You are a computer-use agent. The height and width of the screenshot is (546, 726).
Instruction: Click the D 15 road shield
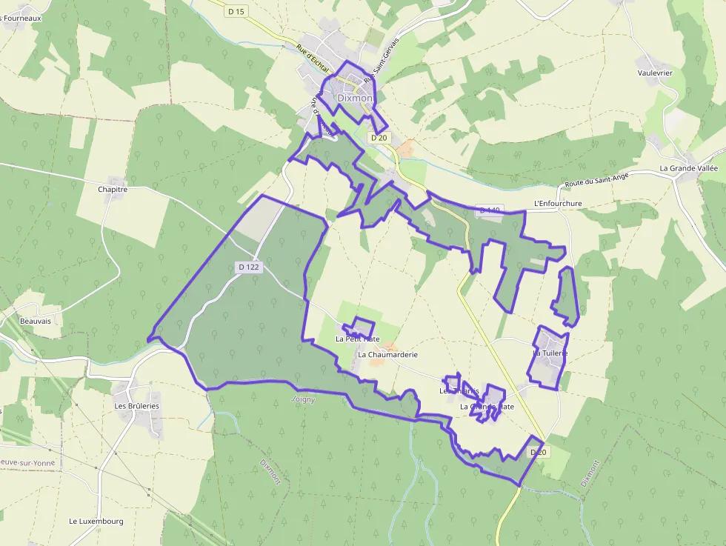coord(236,11)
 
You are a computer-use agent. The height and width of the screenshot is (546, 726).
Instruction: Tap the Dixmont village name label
coord(354,98)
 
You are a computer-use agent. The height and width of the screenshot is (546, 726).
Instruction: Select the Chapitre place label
coord(113,190)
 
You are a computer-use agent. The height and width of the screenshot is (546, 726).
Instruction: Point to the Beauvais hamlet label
coord(36,322)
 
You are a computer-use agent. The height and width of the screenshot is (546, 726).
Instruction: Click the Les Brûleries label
coord(136,406)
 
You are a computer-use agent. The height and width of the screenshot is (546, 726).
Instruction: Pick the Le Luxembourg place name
coord(96,521)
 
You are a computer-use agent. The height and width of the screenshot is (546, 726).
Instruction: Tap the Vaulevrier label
coord(655,73)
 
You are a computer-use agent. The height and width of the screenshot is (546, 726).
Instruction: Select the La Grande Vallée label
coord(689,169)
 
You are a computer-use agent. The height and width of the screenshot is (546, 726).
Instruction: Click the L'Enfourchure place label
coord(558,204)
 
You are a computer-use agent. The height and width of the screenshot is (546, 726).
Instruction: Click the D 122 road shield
coord(249,267)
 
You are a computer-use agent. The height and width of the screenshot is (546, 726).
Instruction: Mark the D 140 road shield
coord(490,210)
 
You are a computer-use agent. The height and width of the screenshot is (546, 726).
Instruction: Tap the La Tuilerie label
coord(550,353)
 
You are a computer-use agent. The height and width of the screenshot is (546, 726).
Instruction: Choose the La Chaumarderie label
coord(387,355)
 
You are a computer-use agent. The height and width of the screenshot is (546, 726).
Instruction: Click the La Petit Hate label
coord(357,339)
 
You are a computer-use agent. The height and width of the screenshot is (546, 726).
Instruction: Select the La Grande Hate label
coord(487,407)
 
